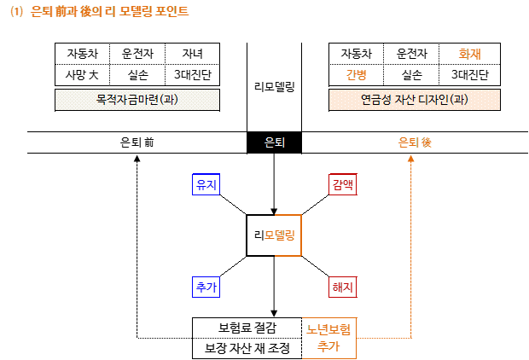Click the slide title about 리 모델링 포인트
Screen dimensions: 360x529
tap(101, 12)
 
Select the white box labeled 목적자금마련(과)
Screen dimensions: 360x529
tap(137, 100)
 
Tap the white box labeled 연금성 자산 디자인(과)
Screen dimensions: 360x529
tap(415, 100)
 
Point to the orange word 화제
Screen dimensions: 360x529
tap(470, 54)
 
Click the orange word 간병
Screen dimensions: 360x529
tap(357, 74)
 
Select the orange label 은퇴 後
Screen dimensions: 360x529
tap(416, 142)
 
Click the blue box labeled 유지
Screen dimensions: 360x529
tap(206, 184)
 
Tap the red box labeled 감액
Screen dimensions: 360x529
tap(343, 184)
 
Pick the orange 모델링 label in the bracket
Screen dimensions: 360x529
tap(280, 235)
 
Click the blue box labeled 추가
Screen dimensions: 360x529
tap(206, 287)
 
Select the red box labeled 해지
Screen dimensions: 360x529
tap(343, 287)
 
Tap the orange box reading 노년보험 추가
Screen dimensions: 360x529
tap(329, 338)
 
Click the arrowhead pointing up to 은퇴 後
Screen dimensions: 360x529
tap(411, 158)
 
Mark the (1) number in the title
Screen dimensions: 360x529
tap(16, 12)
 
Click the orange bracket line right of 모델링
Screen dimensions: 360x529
tap(302, 235)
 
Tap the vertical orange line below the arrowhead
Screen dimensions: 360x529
tap(411, 247)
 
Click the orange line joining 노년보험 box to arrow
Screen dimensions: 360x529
tap(384, 338)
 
